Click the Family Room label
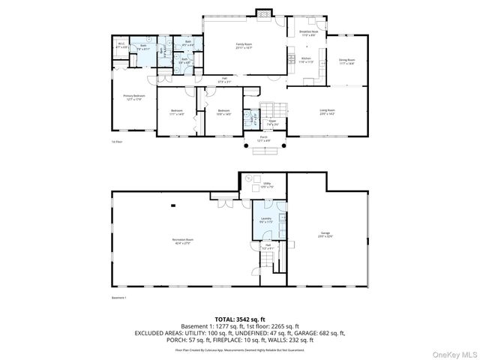pos(244,46)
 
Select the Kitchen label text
pos(306,60)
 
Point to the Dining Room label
pos(346,61)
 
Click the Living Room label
pos(327,111)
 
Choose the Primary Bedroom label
pos(134,97)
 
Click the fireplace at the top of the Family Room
pos(262,13)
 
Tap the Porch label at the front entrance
pos(263,139)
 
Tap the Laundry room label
pos(265,220)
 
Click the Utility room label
pos(267,184)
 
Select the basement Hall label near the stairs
pos(267,247)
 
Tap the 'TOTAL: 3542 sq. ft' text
pos(239,319)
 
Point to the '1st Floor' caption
pos(115,142)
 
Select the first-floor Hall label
pos(223,80)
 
